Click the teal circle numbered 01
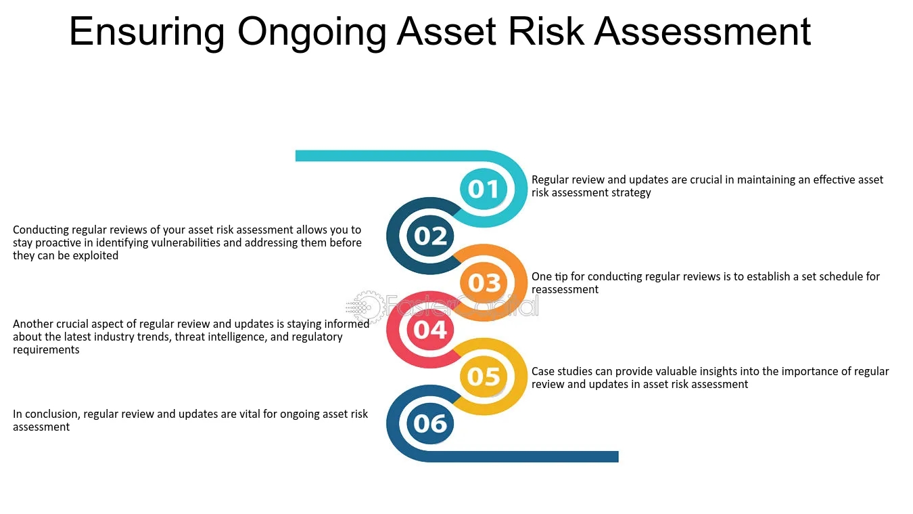point(484,189)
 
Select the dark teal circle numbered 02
point(430,236)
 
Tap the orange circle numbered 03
point(484,282)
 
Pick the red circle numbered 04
point(430,330)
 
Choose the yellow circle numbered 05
point(484,377)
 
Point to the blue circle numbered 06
point(430,423)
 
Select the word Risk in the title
point(546,31)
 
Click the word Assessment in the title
point(703,31)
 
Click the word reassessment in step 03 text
point(565,289)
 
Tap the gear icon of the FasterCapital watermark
point(369,306)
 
